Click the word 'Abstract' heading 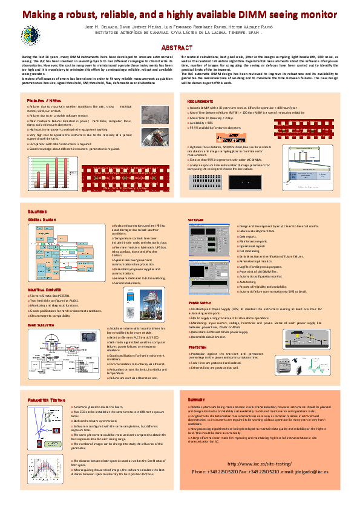click(x=180, y=47)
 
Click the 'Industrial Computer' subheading click(x=45, y=290)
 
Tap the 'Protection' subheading click(x=198, y=347)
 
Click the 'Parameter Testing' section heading click(x=47, y=400)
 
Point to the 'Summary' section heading click(x=197, y=400)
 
